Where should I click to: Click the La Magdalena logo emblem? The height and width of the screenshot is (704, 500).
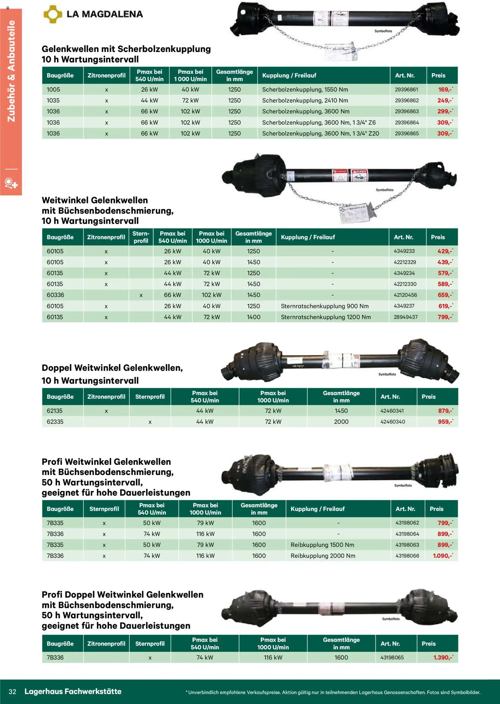(52, 14)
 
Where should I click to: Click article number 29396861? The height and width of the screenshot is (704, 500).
(406, 90)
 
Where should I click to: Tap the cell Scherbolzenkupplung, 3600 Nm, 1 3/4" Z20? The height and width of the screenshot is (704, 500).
(320, 134)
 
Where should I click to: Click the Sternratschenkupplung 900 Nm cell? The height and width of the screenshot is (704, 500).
(325, 306)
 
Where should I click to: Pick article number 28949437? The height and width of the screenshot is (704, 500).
(405, 317)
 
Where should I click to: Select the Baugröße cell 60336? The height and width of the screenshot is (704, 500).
(55, 295)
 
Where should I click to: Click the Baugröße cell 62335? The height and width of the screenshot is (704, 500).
(55, 422)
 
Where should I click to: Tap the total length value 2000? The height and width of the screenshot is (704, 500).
(341, 422)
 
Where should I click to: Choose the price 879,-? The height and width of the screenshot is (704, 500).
(445, 411)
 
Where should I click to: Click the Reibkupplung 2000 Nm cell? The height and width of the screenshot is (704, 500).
(323, 556)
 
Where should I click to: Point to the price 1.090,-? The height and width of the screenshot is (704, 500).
(443, 556)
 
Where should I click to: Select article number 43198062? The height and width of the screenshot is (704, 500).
(407, 523)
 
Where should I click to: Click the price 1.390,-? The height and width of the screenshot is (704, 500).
(443, 658)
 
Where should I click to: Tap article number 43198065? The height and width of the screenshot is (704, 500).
(392, 658)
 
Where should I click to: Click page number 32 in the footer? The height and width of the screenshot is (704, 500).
(13, 691)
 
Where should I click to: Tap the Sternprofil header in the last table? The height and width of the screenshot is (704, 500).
(150, 644)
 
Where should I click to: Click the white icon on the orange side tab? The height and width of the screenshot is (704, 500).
(11, 183)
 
